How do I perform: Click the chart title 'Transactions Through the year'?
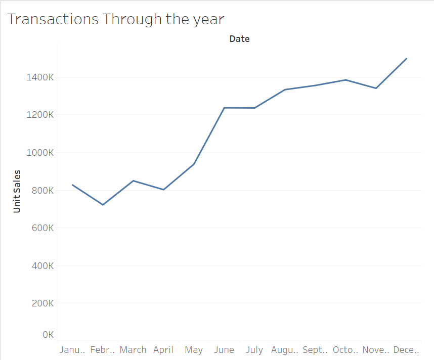[x=116, y=19]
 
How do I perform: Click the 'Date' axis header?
[x=239, y=39]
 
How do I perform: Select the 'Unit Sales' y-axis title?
[x=17, y=191]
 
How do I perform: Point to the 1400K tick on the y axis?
[x=40, y=77]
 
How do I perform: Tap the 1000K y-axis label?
[x=40, y=153]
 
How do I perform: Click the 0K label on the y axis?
[x=48, y=334]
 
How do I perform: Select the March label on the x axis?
[x=133, y=350]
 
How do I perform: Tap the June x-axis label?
[x=224, y=350]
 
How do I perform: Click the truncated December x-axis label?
[x=406, y=350]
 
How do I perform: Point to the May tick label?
[x=194, y=350]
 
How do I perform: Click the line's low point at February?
[x=103, y=205]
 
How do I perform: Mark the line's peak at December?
[x=407, y=59]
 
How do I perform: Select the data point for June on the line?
[x=224, y=108]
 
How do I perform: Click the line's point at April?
[x=163, y=190]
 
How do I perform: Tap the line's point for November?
[x=376, y=88]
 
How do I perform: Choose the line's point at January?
[x=73, y=185]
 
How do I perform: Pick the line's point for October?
[x=345, y=80]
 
